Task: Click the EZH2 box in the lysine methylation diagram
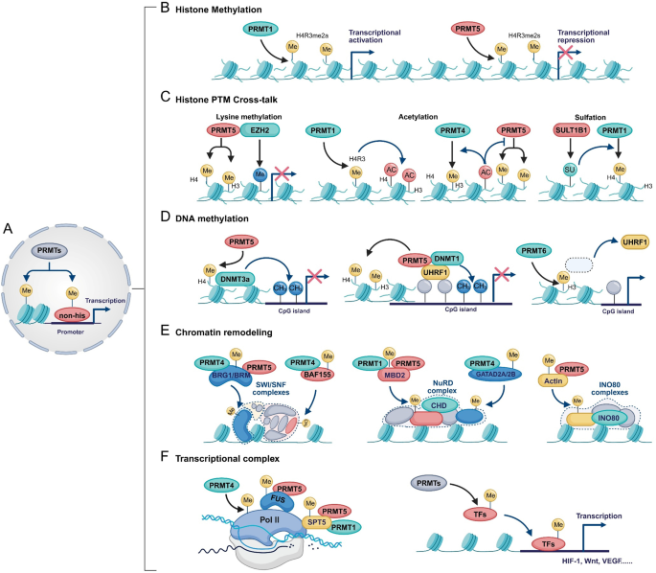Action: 262,128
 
